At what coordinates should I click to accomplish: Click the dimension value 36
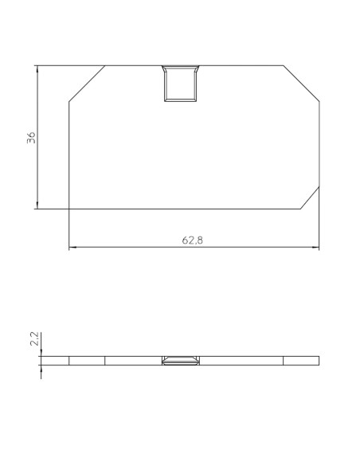click(31, 137)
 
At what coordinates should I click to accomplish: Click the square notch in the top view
click(180, 84)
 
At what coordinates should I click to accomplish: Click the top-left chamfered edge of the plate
click(87, 84)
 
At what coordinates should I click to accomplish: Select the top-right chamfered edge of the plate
click(302, 84)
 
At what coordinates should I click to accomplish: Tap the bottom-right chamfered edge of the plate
click(311, 197)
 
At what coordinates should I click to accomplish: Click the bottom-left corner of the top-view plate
click(69, 209)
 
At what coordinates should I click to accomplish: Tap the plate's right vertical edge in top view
click(319, 143)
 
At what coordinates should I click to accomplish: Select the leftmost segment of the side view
click(54, 361)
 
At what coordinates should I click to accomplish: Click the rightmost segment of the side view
click(301, 361)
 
